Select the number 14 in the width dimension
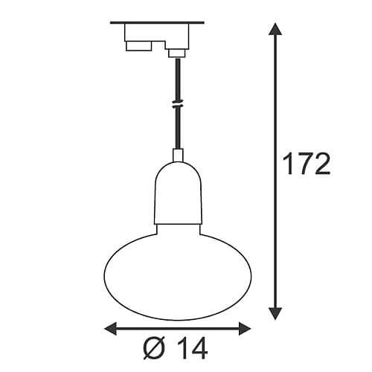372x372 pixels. (x=190, y=347)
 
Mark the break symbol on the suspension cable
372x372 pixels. (x=177, y=105)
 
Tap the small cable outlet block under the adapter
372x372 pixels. (x=176, y=52)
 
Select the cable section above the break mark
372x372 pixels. (x=177, y=78)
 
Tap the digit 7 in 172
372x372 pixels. (x=307, y=164)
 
